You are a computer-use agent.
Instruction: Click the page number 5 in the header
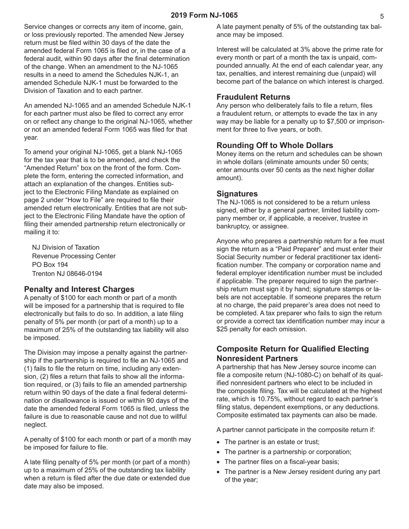[382, 16]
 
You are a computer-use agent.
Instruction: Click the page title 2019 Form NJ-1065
[204, 15]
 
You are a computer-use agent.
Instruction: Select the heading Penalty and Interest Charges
[79, 289]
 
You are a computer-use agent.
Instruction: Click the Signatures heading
[237, 194]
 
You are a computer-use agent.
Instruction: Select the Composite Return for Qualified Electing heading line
[293, 349]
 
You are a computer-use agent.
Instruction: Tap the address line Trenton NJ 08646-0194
[67, 274]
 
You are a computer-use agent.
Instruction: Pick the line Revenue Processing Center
[74, 256]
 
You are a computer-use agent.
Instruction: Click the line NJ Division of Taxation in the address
[65, 247]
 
